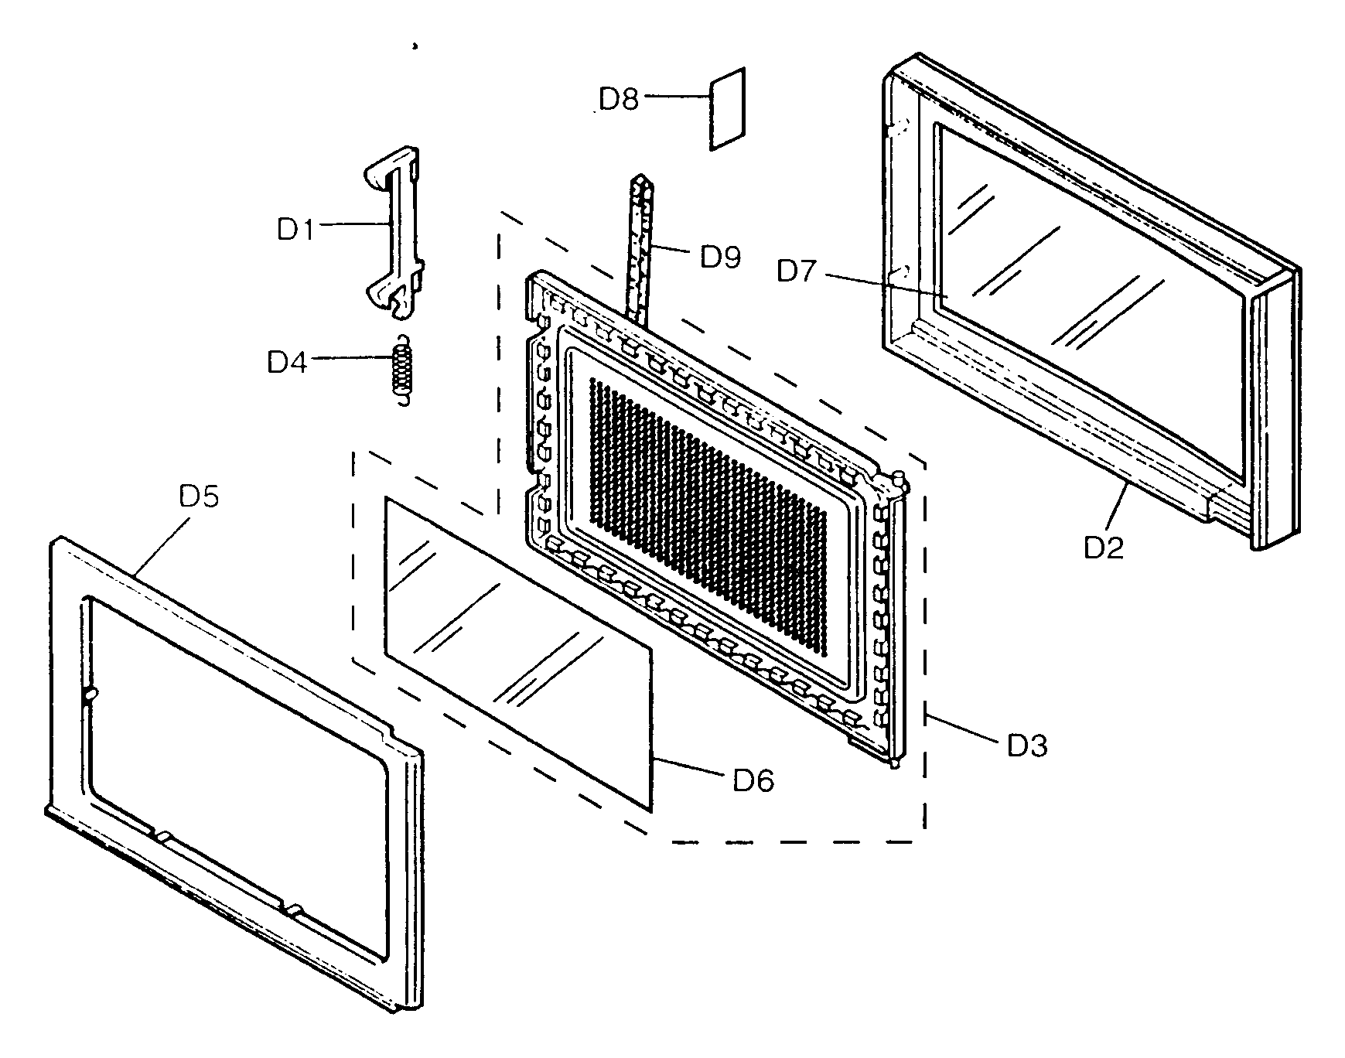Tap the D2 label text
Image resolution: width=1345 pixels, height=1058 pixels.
pos(1103,547)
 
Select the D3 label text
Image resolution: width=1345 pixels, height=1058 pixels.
pos(1026,746)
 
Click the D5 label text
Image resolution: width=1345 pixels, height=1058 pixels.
pos(199,497)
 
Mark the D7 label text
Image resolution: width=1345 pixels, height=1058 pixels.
pos(797,271)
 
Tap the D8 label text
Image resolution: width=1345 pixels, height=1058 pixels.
pos(619,99)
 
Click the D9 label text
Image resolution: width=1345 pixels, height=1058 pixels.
pos(720,256)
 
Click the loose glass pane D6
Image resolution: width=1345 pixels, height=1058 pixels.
pos(518,650)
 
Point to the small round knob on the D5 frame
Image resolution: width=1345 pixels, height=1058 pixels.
pos(90,695)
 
